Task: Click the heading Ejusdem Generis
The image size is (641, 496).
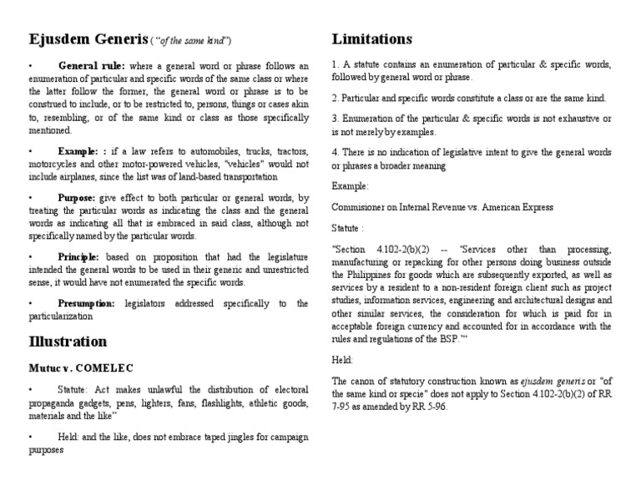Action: [88, 40]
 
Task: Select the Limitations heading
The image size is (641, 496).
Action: [371, 39]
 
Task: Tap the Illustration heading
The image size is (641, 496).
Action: [68, 342]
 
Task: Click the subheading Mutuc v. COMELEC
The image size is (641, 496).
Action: [81, 367]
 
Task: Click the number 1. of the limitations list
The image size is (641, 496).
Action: [336, 64]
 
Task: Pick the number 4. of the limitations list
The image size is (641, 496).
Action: [336, 152]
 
